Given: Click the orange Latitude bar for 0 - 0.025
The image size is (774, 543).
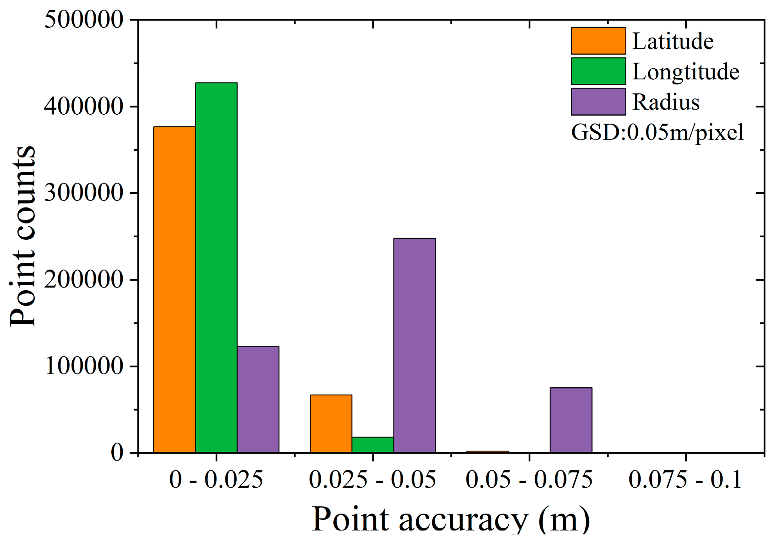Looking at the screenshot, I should pos(174,289).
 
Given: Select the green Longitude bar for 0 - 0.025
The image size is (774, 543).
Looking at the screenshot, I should pos(216,268).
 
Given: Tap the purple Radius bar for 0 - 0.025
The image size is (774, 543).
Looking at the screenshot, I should pos(258,399).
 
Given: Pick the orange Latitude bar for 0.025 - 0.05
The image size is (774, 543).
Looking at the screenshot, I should pos(331,423).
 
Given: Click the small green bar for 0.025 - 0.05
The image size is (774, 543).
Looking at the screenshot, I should pos(373,445).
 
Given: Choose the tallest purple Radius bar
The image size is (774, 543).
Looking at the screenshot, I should pos(415,345).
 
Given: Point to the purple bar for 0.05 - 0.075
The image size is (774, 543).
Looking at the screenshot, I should pos(571,420).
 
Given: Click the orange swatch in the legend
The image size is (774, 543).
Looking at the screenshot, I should pos(598,41).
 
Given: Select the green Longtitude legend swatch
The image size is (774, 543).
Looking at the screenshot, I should pos(598,71).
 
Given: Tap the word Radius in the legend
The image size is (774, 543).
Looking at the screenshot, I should pos(666,102).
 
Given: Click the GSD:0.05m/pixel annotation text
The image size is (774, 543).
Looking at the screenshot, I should pos(657,132).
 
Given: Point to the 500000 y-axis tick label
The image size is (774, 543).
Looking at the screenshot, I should pos(84,20).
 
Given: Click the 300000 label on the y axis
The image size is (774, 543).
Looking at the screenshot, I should pos(84,193).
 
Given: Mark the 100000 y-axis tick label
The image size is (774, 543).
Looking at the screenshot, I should pos(84,366).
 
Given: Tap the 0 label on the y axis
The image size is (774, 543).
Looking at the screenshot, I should pos(117,453).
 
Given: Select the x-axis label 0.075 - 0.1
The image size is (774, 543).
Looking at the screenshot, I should pos(685,479).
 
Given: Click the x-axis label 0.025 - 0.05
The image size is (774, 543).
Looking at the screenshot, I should pos(372,479).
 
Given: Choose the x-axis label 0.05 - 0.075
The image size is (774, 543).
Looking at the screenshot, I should pos(529,479).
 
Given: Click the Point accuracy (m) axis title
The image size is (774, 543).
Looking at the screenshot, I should pos(451,520).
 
